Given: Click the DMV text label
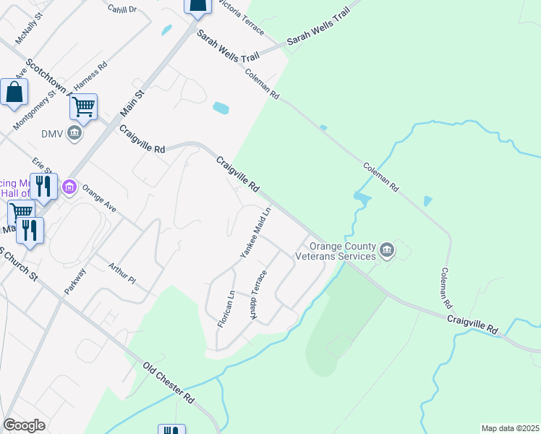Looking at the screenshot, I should click(x=53, y=134).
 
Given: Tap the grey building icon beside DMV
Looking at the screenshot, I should click(x=74, y=134).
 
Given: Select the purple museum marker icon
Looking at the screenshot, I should click(x=69, y=187).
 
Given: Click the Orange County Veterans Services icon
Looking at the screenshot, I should click(x=387, y=250).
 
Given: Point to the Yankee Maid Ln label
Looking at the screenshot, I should click(x=255, y=233).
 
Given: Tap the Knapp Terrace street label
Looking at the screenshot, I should click(x=259, y=297).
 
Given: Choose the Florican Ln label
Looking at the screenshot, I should click(x=226, y=309).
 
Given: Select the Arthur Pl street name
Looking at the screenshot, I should click(x=122, y=273).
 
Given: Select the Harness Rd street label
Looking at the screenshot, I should click(x=90, y=76).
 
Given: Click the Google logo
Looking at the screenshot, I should click(x=24, y=425).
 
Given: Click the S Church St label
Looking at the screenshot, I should click(x=20, y=265).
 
